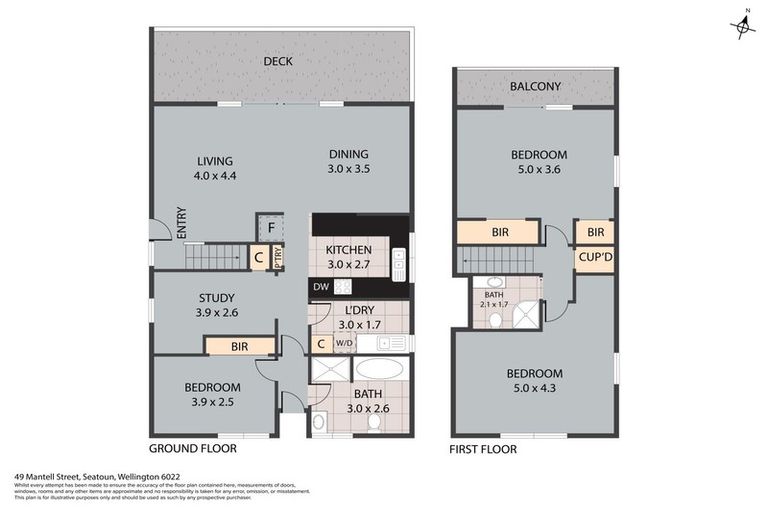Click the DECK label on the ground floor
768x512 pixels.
[x=278, y=62]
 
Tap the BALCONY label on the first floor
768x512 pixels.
[x=534, y=87]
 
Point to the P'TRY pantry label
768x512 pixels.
[x=277, y=258]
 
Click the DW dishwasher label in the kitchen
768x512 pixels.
[x=320, y=287]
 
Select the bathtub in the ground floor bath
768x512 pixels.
[x=379, y=369]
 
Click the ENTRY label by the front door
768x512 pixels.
[x=181, y=222]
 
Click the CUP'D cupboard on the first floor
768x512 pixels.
[x=594, y=260]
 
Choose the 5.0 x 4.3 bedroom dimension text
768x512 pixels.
[x=537, y=388]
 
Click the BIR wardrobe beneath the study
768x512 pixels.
[x=239, y=346]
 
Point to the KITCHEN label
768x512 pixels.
[x=349, y=250]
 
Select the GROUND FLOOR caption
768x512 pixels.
[x=192, y=449]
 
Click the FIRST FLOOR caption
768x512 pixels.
[x=484, y=449]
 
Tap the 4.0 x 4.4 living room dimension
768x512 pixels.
[x=214, y=176]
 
